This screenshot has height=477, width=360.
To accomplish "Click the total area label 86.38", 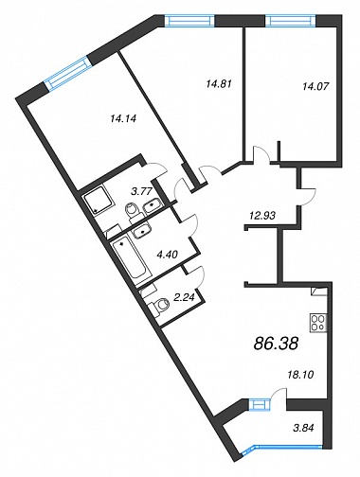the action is (276, 344).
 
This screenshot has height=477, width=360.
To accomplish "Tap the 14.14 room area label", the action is (122, 119).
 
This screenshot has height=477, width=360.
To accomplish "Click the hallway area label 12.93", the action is (262, 216).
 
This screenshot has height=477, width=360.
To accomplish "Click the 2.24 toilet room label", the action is (186, 296).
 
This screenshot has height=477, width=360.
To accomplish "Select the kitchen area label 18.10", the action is (300, 375).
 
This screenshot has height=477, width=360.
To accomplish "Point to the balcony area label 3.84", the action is (303, 429).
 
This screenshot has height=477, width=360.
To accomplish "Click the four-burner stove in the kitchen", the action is (318, 323).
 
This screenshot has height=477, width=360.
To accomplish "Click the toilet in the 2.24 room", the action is (159, 305).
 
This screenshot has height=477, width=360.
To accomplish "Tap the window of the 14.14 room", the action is (68, 73).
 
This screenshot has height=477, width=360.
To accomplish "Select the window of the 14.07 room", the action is (291, 21).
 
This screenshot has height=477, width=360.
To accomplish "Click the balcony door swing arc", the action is (279, 392).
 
